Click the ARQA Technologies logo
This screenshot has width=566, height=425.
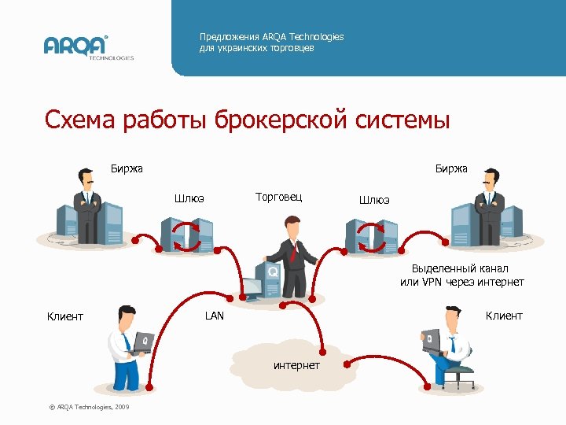(x=88, y=46)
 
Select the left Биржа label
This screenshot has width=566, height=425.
(x=127, y=168)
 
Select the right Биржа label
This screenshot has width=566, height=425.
(x=451, y=168)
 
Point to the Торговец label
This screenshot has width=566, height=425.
(x=279, y=196)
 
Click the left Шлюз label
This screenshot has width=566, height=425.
(x=189, y=198)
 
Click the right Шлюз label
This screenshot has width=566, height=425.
(x=374, y=200)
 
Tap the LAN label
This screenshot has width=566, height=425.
(x=214, y=316)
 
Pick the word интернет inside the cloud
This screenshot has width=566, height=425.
(x=296, y=365)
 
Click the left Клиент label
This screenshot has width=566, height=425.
(x=65, y=316)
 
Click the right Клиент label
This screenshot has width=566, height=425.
(x=504, y=316)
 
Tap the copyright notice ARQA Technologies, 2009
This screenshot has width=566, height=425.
(x=90, y=406)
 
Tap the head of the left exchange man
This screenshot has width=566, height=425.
(x=86, y=177)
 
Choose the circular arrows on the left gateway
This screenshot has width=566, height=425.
(x=187, y=235)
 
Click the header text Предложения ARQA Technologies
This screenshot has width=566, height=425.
(x=271, y=37)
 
